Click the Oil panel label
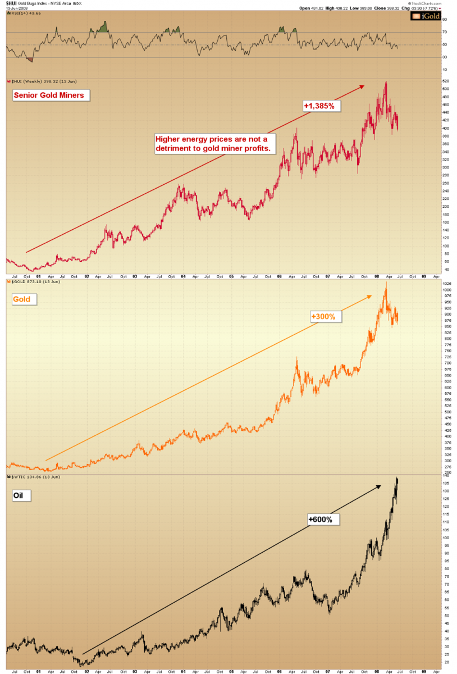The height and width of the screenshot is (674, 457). (21, 496)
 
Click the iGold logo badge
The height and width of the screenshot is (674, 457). (424, 16)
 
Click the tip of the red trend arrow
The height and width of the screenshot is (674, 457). (364, 85)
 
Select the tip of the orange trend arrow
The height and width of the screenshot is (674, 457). (372, 295)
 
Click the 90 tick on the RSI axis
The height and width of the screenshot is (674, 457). (429, 20)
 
